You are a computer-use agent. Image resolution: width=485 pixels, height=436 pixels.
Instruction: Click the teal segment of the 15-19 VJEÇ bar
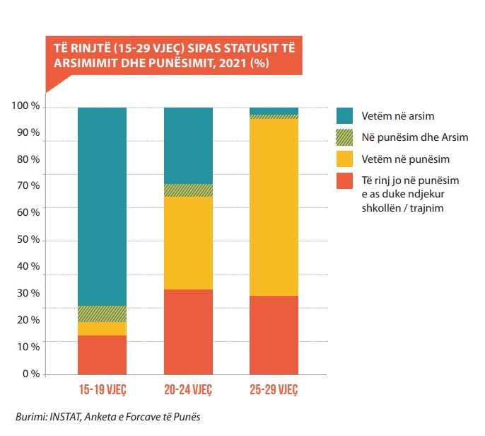coord(102,206)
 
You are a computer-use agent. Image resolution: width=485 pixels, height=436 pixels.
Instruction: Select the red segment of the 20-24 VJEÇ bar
coord(189,331)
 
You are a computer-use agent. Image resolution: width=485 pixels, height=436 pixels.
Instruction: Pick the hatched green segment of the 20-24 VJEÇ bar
coord(189,190)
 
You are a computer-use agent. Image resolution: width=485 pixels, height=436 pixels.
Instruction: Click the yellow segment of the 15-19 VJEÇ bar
coord(102,328)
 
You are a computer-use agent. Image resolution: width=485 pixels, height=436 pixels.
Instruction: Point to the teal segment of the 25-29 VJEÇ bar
coord(274,110)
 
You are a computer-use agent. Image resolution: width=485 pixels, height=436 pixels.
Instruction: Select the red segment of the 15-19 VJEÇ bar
coord(102,354)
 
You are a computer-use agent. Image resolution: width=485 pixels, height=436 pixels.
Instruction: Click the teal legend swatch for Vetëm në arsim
coord(344,115)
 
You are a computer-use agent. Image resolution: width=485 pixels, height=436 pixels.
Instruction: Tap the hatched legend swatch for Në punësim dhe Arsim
coord(344,137)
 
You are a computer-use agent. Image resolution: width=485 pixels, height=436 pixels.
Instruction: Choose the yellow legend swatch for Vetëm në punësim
coord(344,159)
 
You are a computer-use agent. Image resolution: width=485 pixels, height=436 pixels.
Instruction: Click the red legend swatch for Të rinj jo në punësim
coord(344,182)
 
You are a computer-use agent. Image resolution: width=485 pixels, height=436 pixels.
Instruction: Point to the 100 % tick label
coord(25,106)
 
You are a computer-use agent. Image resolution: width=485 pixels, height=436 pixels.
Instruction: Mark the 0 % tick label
coord(30,374)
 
